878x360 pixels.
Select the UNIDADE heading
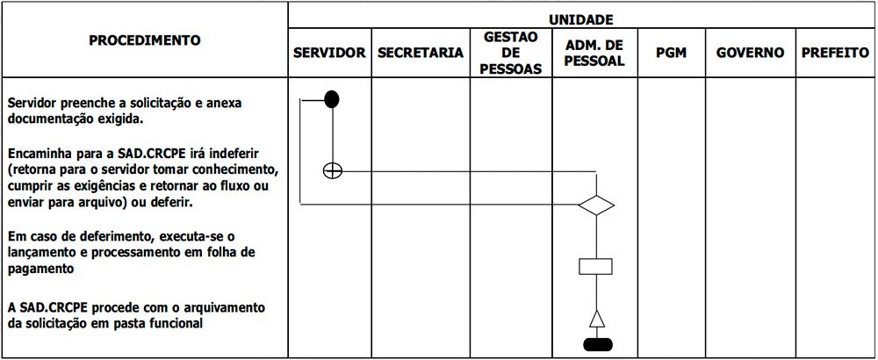580,20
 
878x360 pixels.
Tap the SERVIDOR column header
330,53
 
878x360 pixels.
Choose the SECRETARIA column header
421,53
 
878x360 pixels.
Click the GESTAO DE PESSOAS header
511,53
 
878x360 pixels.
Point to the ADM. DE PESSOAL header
594,53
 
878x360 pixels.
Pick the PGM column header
671,53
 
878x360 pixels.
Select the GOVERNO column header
750,53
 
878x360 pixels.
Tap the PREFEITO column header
835,53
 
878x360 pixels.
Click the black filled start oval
332,98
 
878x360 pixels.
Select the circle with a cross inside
333,171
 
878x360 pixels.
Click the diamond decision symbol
596,205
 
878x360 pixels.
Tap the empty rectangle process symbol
595,266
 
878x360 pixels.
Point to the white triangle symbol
597,319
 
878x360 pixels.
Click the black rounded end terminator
597,344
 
